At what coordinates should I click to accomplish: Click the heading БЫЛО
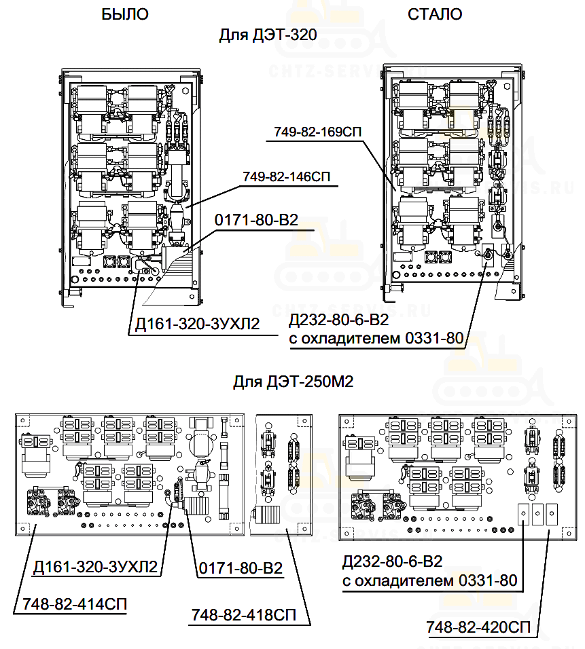point(124,14)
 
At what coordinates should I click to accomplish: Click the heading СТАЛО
point(435,14)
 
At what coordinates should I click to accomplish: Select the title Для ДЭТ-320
point(268,35)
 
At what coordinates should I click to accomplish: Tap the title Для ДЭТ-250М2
point(294,382)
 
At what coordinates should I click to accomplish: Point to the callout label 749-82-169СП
point(318,132)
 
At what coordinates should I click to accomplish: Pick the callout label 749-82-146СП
point(286,177)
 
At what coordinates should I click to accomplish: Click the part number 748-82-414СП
point(75,604)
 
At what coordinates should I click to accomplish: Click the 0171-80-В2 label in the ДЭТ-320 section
point(257,221)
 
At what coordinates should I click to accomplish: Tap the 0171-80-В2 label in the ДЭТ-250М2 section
point(241,568)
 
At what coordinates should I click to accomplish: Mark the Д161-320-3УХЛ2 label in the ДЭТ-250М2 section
point(95,568)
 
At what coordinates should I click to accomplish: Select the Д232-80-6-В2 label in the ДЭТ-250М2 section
point(393,562)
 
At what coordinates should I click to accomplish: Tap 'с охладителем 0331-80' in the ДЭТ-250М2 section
point(429,580)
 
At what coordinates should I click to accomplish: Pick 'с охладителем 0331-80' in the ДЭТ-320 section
point(376,338)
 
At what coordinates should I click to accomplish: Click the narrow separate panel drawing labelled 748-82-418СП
point(283,475)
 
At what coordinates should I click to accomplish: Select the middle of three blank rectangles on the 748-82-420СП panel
point(537,515)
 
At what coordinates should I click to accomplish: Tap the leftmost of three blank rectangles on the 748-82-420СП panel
point(523,515)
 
